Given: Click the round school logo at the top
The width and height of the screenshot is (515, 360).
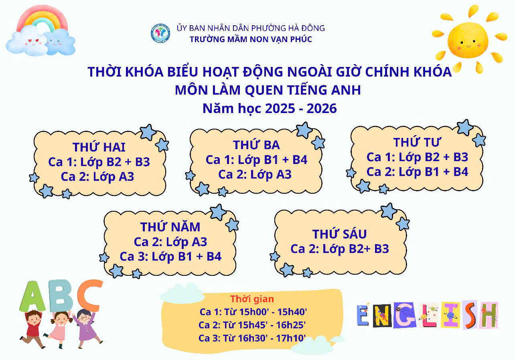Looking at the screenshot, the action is (x=160, y=34).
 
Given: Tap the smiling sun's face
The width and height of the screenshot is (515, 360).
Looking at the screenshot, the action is (x=468, y=40).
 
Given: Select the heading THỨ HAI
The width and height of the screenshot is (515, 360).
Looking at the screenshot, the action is (x=99, y=147).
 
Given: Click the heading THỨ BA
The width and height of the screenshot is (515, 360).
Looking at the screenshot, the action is (x=256, y=145).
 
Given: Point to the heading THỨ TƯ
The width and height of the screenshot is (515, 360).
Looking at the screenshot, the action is (x=417, y=142).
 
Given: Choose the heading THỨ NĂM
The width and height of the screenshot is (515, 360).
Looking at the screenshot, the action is (x=170, y=227).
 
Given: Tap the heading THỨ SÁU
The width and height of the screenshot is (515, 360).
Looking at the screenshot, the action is (x=339, y=234).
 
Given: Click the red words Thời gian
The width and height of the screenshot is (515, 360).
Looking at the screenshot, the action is (x=252, y=299).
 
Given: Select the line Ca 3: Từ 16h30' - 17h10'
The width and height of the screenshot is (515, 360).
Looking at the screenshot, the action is (x=252, y=338).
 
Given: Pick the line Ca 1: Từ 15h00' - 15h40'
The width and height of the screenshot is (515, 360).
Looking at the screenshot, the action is (x=253, y=312).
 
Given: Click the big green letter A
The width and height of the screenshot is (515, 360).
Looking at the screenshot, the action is (x=32, y=297).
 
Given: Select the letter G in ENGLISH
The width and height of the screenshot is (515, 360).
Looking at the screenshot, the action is (x=405, y=315).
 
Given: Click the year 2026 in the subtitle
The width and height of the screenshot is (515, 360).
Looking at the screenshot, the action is (x=321, y=108).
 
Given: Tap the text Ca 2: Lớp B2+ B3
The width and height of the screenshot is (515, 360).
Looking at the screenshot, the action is (x=340, y=249).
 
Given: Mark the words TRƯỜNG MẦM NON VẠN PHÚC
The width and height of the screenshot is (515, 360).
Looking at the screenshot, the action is (x=251, y=39).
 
